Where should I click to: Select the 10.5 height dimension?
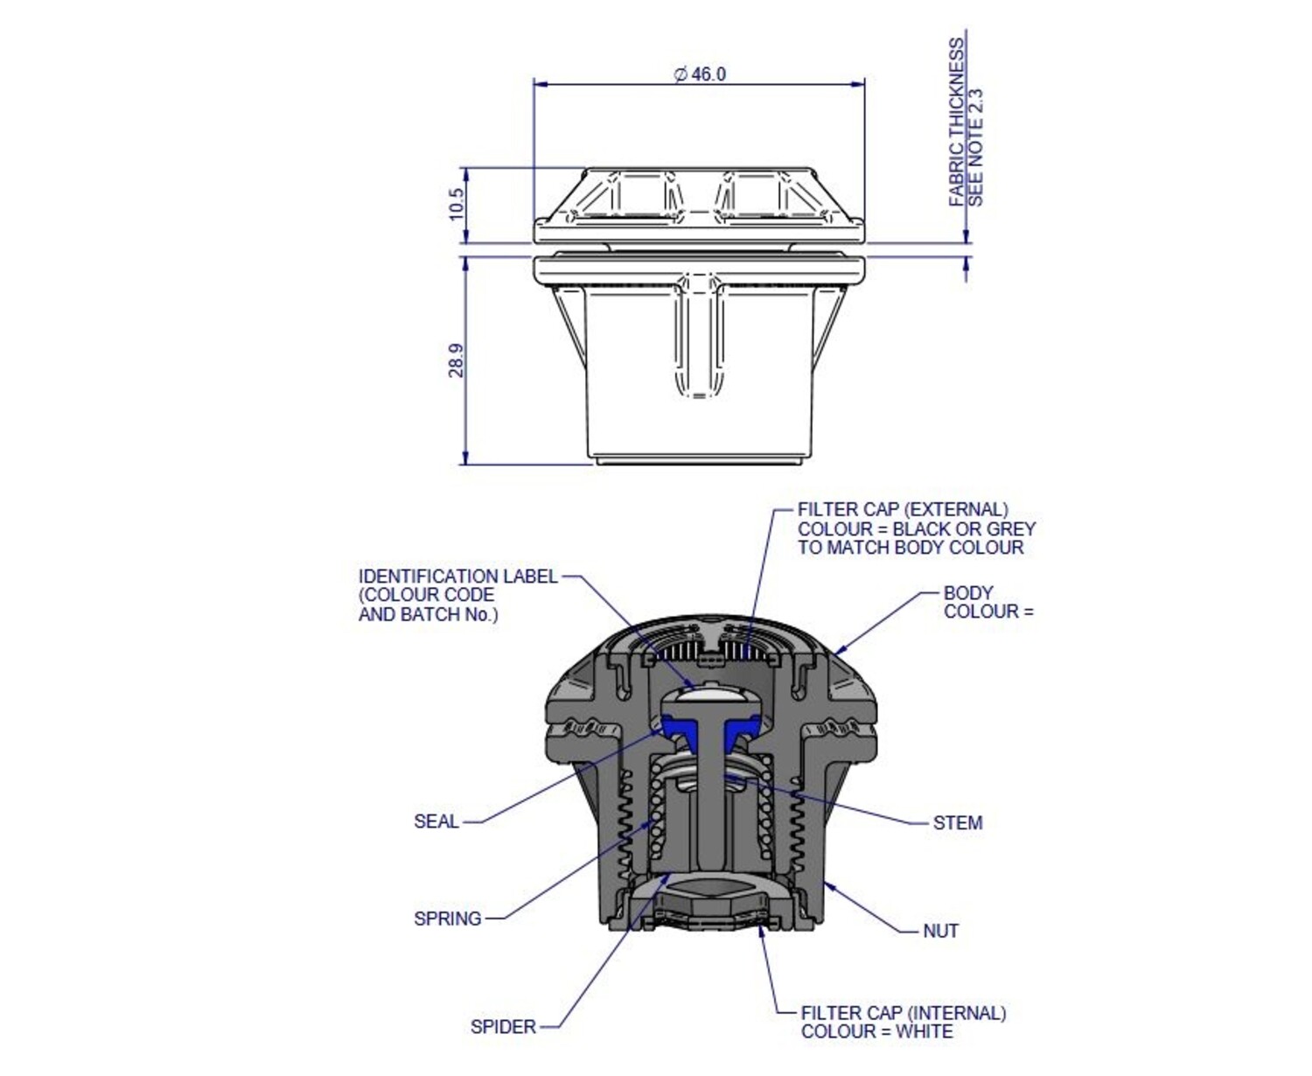pyautogui.click(x=457, y=204)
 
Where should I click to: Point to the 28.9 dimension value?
pyautogui.click(x=457, y=360)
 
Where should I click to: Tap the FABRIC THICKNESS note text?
pyautogui.click(x=956, y=122)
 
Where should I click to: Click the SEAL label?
pyautogui.click(x=436, y=821)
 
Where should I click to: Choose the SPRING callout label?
pyautogui.click(x=448, y=919)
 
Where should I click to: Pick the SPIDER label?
pyautogui.click(x=503, y=1027)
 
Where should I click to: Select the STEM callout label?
pyautogui.click(x=958, y=823)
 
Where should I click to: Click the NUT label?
pyautogui.click(x=940, y=931)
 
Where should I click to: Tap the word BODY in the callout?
pyautogui.click(x=968, y=592)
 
